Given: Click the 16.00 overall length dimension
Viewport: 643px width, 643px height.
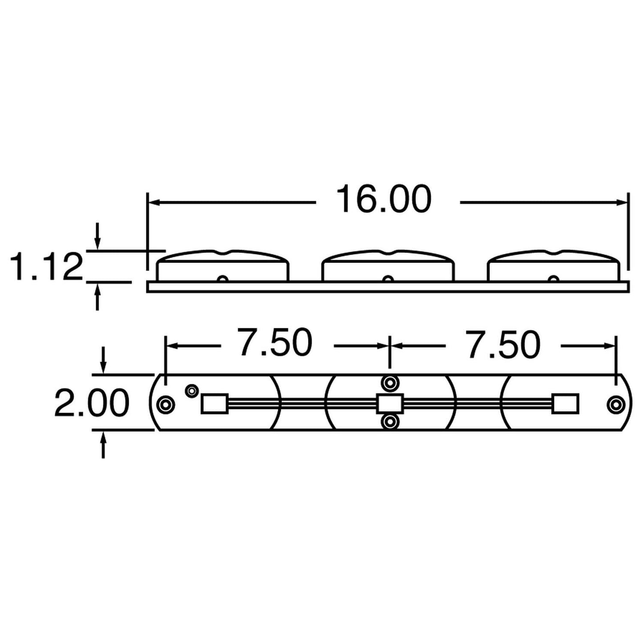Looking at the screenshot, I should point(384,199).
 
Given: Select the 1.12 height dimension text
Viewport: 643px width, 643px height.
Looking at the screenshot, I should point(47,267).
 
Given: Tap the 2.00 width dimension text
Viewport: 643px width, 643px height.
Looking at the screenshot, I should point(92,403).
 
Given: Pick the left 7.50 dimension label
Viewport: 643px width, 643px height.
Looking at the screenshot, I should point(275,343).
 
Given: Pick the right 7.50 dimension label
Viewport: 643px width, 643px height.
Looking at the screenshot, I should point(503,345).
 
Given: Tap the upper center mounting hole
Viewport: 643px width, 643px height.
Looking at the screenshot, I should point(390,383).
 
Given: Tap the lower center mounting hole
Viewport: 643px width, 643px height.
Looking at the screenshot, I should point(390,421).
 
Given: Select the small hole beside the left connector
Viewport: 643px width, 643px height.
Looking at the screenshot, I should point(192,391).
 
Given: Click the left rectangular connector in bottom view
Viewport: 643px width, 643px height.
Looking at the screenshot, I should point(214,404).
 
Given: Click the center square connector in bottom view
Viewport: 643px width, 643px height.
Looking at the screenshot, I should point(390,403).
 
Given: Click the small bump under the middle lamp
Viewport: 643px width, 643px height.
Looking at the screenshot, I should point(388,279).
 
